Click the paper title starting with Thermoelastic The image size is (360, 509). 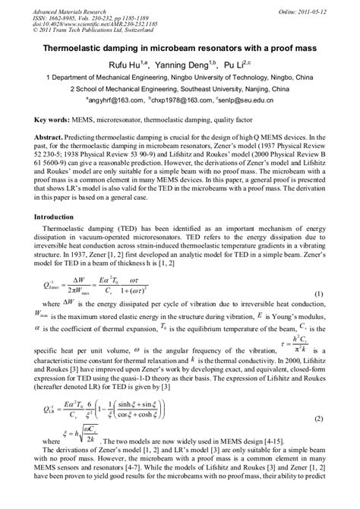[180, 46]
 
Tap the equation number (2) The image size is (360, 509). [321, 418]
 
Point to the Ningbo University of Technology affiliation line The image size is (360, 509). [180, 77]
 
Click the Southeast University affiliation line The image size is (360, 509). [180, 89]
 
